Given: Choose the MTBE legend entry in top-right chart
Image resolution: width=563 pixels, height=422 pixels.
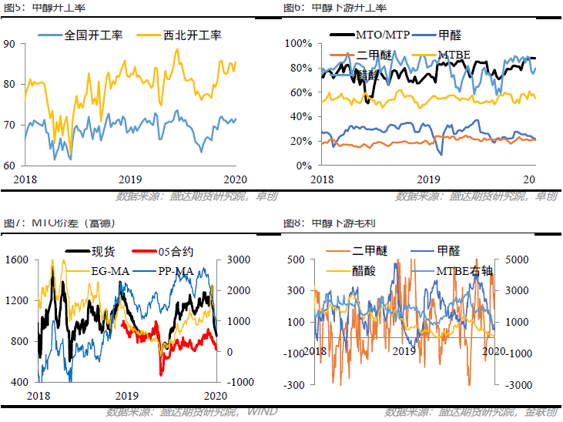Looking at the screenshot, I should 454,54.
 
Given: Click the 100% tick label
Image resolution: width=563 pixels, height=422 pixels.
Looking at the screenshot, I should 297,43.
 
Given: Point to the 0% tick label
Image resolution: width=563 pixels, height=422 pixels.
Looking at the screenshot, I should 301,166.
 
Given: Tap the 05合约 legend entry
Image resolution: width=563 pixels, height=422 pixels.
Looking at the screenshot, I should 175,250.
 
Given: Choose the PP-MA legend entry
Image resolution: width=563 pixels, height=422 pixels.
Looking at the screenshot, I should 175,270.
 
